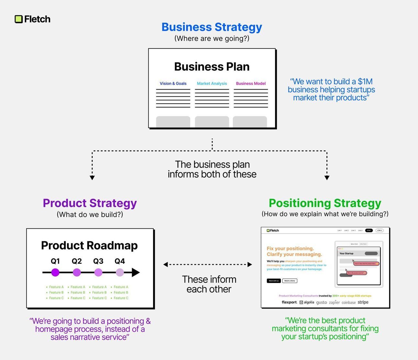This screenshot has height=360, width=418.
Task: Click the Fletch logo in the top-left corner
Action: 33,19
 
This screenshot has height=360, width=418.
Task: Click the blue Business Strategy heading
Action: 212,27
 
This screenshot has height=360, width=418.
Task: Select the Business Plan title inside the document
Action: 212,67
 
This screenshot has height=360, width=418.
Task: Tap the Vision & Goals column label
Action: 173,83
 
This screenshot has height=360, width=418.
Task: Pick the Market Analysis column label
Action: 212,83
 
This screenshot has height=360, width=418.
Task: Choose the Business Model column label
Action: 251,83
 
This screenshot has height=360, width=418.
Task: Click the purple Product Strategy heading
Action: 90,203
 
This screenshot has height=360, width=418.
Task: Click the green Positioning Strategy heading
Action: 325,203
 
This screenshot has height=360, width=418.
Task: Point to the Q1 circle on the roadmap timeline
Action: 55,272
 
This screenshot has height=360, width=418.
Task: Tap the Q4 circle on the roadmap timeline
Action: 120,272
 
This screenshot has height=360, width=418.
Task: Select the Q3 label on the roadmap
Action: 98,261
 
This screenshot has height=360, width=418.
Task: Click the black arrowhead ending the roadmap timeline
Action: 136,272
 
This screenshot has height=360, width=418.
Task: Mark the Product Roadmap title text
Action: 89,245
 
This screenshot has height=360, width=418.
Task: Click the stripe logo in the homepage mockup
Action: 363,302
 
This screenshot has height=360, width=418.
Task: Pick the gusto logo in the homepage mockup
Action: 321,302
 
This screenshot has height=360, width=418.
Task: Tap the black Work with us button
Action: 274,281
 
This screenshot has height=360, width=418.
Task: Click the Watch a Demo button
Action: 290,281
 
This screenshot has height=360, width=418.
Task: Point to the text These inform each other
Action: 209,284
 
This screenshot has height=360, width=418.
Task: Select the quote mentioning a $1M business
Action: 331,90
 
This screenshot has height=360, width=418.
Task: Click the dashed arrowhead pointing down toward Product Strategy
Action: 92,178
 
